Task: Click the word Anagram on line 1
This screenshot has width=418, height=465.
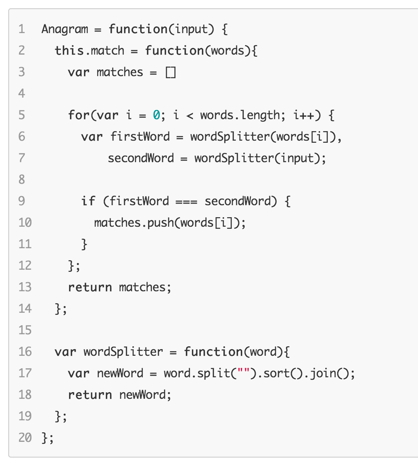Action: (65, 29)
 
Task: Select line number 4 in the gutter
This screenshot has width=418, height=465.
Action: (22, 93)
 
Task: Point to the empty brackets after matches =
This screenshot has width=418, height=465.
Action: (171, 72)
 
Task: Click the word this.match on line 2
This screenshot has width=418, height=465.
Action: (89, 51)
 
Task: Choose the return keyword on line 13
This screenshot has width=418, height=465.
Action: (90, 287)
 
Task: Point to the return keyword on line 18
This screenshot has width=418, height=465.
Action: (90, 395)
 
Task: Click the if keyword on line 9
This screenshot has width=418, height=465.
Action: (88, 201)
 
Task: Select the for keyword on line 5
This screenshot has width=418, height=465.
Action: (78, 115)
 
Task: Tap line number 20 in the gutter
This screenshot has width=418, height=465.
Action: (25, 438)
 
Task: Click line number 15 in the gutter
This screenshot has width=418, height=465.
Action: (25, 330)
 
